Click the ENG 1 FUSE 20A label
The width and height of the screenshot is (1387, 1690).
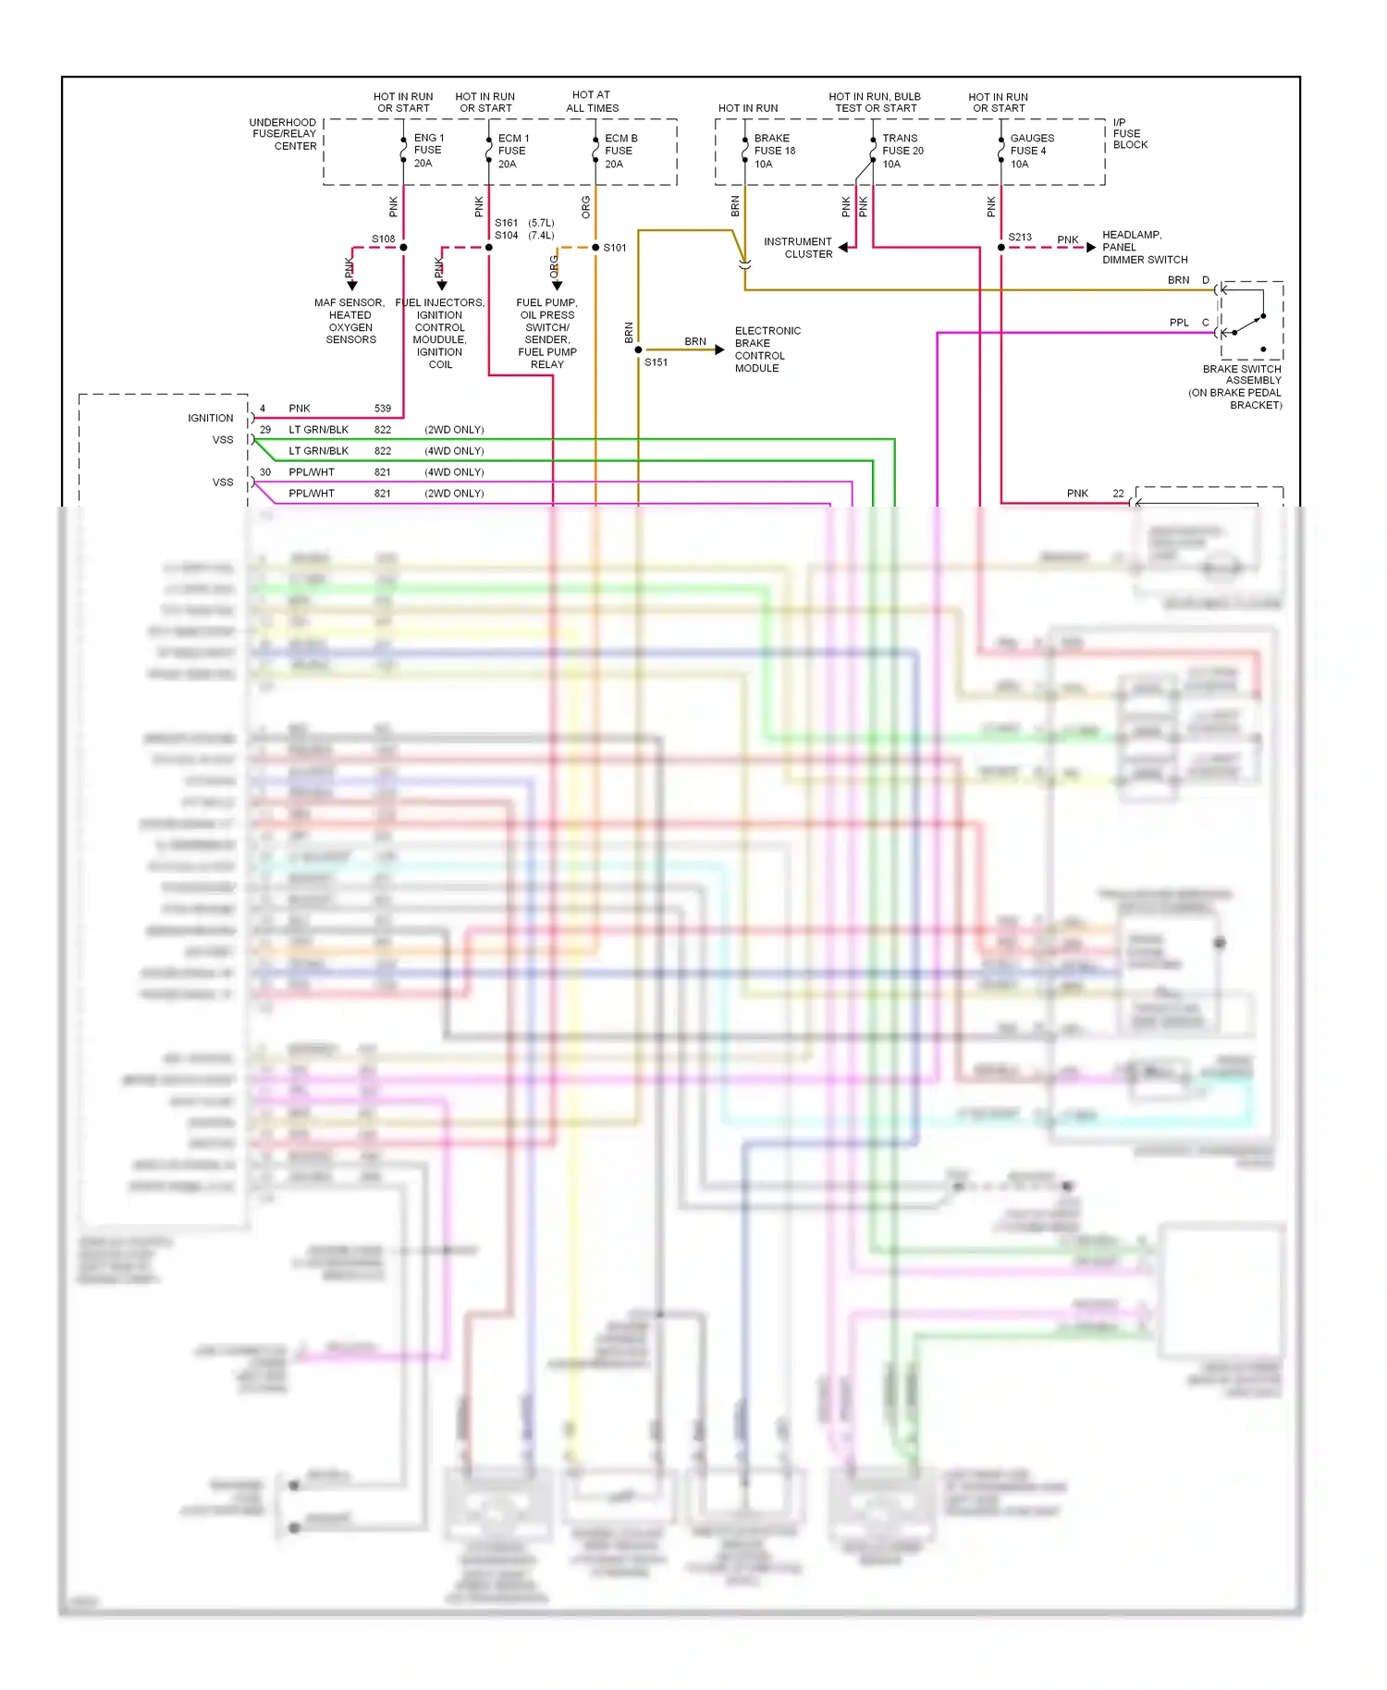click(x=427, y=151)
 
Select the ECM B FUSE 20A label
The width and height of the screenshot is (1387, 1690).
click(x=620, y=151)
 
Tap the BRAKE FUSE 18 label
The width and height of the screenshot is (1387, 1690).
click(x=774, y=151)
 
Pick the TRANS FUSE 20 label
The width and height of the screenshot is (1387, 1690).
click(x=902, y=151)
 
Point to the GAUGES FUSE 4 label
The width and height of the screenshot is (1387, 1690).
click(x=1031, y=151)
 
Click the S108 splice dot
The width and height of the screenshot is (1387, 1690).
click(x=403, y=248)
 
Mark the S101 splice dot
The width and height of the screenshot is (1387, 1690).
click(x=595, y=248)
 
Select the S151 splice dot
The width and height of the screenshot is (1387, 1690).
click(x=638, y=349)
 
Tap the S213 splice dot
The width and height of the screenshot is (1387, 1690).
click(x=1001, y=248)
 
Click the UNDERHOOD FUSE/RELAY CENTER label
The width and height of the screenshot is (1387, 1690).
click(x=283, y=134)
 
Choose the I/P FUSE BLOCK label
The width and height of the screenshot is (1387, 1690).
click(x=1129, y=134)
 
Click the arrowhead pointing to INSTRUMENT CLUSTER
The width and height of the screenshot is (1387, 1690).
click(x=843, y=248)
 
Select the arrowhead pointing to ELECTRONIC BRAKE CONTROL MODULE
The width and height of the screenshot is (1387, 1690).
click(x=720, y=349)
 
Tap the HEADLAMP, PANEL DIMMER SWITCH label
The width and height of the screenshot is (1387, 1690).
click(x=1144, y=247)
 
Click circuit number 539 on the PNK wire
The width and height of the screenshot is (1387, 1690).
click(x=383, y=409)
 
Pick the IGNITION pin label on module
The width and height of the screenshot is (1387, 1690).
click(x=211, y=419)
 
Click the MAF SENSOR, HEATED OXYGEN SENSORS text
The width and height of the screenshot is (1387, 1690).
click(x=350, y=321)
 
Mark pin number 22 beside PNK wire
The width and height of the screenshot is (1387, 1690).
click(x=1118, y=494)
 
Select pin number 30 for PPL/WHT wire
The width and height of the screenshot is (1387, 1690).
click(x=265, y=472)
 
